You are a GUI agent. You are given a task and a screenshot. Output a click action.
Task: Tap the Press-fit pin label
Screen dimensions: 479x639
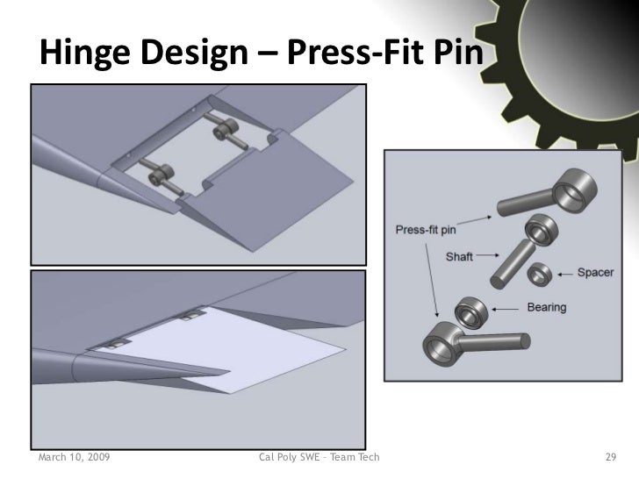[426, 232]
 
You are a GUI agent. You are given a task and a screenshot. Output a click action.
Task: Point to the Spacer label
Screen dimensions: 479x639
[595, 273]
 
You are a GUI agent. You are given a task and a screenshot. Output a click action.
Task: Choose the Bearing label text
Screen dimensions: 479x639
[546, 307]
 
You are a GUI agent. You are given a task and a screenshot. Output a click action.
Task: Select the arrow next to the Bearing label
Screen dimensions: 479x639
[511, 309]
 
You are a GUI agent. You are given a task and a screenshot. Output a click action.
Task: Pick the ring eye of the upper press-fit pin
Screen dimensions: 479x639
[575, 187]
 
